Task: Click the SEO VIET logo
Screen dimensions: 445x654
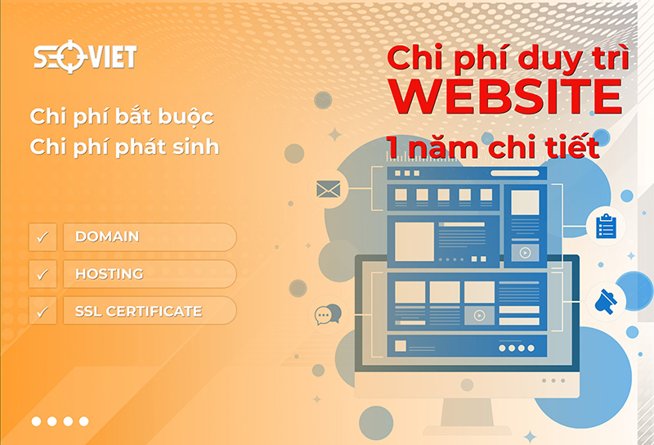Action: click(x=84, y=56)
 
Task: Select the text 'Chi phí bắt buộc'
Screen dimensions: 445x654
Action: click(x=122, y=116)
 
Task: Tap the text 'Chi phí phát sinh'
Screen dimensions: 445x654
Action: click(x=124, y=147)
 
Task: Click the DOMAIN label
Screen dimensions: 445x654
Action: click(x=107, y=236)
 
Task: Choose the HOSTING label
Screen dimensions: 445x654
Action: click(x=109, y=274)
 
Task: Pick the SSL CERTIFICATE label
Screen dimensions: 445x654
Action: click(x=138, y=311)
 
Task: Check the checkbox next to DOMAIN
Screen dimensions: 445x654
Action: click(x=43, y=237)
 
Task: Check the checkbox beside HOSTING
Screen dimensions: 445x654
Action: click(x=43, y=274)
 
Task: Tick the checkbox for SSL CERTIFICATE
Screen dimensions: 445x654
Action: click(x=43, y=311)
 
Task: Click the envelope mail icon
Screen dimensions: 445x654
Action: click(x=328, y=190)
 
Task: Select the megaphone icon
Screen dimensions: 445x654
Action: click(x=606, y=301)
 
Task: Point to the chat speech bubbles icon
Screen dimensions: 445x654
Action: click(x=329, y=313)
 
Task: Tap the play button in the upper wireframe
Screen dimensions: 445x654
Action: click(x=526, y=253)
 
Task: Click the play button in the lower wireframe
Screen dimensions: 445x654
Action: click(x=479, y=315)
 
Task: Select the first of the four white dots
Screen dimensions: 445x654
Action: click(x=37, y=421)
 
